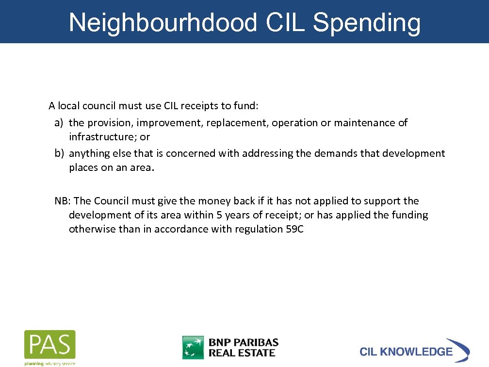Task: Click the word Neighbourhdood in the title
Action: click(163, 22)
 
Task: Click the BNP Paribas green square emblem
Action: click(193, 348)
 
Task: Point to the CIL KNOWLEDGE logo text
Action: click(406, 351)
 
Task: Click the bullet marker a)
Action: click(59, 123)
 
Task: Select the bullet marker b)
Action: click(59, 153)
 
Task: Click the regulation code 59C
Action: click(294, 229)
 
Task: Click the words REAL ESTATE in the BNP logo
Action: click(242, 353)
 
